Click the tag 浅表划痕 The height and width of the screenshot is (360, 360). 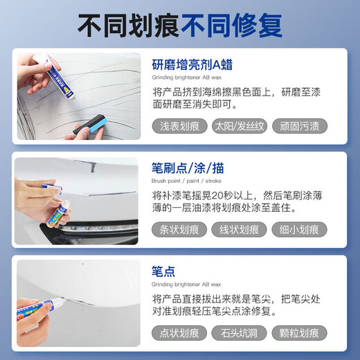[180, 127]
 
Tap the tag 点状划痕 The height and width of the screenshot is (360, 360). [180, 333]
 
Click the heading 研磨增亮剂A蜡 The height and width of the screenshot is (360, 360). [192, 65]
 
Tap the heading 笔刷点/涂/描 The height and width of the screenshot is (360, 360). [188, 168]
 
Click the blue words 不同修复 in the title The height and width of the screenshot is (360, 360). [231, 26]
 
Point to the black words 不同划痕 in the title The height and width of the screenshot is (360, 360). [128, 26]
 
